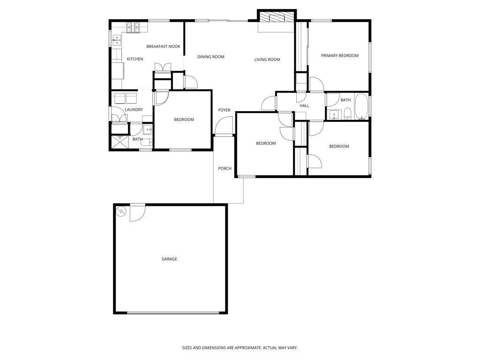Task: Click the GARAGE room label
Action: coord(169,259)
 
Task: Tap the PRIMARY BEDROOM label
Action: coord(339,55)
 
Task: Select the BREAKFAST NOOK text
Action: coord(163,46)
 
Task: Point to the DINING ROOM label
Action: coord(210,57)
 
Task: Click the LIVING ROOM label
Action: coord(267,60)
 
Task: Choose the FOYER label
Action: coord(224,110)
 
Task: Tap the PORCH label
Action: coord(225,168)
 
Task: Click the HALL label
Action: coord(304,105)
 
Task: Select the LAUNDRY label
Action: coord(134,110)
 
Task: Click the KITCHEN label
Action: coord(135,59)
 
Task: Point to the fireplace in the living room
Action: coord(277,18)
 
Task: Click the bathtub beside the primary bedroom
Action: coord(361,107)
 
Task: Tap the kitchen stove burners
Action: coord(133,28)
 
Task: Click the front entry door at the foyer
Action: coord(224,127)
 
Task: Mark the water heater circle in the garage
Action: coord(121,211)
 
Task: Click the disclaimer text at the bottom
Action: coord(240,348)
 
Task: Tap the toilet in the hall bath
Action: coord(347,114)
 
